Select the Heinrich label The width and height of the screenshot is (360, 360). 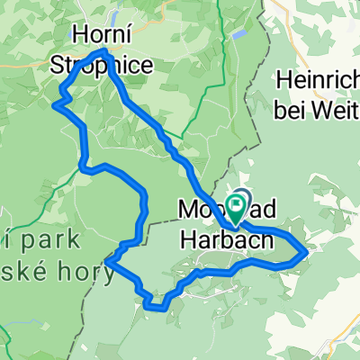click(317, 78)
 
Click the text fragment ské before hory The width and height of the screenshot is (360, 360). click(32, 270)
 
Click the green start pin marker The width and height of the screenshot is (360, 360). click(238, 208)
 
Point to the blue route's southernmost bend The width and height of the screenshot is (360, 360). click(155, 306)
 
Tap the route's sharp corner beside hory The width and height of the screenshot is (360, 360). click(107, 262)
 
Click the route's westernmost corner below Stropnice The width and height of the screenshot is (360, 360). click(56, 104)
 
